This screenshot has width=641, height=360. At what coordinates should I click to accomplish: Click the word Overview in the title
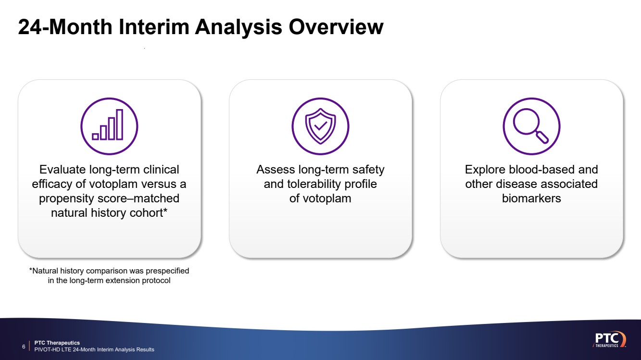(x=336, y=27)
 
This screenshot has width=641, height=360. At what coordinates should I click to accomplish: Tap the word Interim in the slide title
(x=154, y=27)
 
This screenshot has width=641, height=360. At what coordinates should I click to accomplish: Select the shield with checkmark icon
(x=320, y=126)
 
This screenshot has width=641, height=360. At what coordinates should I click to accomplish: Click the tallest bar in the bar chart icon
(x=120, y=124)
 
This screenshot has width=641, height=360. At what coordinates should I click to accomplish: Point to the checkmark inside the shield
(x=320, y=126)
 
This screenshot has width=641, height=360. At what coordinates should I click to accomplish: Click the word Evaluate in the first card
(x=63, y=170)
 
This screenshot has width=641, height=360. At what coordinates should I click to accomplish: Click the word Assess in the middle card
(x=276, y=170)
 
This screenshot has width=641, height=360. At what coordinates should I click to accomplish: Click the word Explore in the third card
(x=485, y=170)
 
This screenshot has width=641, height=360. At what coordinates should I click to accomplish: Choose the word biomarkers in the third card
(x=531, y=199)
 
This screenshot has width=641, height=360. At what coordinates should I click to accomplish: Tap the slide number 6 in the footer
(x=24, y=347)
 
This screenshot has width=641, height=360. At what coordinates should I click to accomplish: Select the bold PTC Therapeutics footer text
(x=57, y=343)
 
